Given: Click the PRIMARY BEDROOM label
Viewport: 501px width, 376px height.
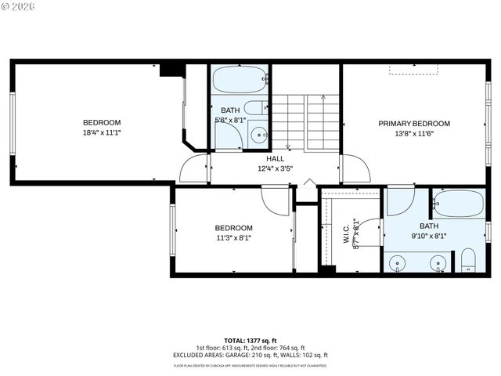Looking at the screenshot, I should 414,123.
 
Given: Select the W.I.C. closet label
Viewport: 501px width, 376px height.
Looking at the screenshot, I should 346,234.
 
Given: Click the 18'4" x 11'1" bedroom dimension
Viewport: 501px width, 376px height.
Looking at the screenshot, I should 102,133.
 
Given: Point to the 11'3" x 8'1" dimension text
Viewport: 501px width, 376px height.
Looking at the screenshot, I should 233,238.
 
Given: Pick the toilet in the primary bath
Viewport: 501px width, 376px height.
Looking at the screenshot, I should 468,260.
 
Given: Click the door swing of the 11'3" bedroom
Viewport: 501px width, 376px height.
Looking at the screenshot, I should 276,201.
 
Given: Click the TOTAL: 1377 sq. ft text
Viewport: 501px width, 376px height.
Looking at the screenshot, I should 250,341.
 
